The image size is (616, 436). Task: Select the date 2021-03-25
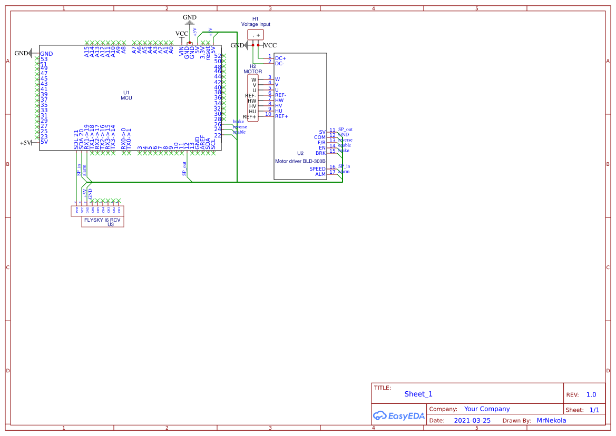tap(472, 421)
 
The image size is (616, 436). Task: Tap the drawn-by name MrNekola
tap(551, 421)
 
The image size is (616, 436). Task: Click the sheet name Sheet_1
tap(418, 394)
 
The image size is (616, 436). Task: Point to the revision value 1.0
tap(591, 394)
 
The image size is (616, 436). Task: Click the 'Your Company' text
tap(487, 409)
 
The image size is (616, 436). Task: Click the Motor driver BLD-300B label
tap(300, 161)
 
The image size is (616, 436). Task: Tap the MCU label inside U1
tap(126, 98)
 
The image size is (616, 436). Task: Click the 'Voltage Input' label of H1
tap(256, 24)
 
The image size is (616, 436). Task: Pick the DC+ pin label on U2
tap(280, 58)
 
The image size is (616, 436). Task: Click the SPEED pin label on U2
tap(317, 169)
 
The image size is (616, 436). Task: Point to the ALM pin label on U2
tap(320, 174)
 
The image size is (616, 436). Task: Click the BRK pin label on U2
tap(320, 153)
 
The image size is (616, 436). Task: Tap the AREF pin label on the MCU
tap(203, 143)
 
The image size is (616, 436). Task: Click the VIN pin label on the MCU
tap(182, 51)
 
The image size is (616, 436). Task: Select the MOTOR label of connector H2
tap(252, 72)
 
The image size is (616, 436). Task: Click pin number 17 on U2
tap(333, 172)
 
